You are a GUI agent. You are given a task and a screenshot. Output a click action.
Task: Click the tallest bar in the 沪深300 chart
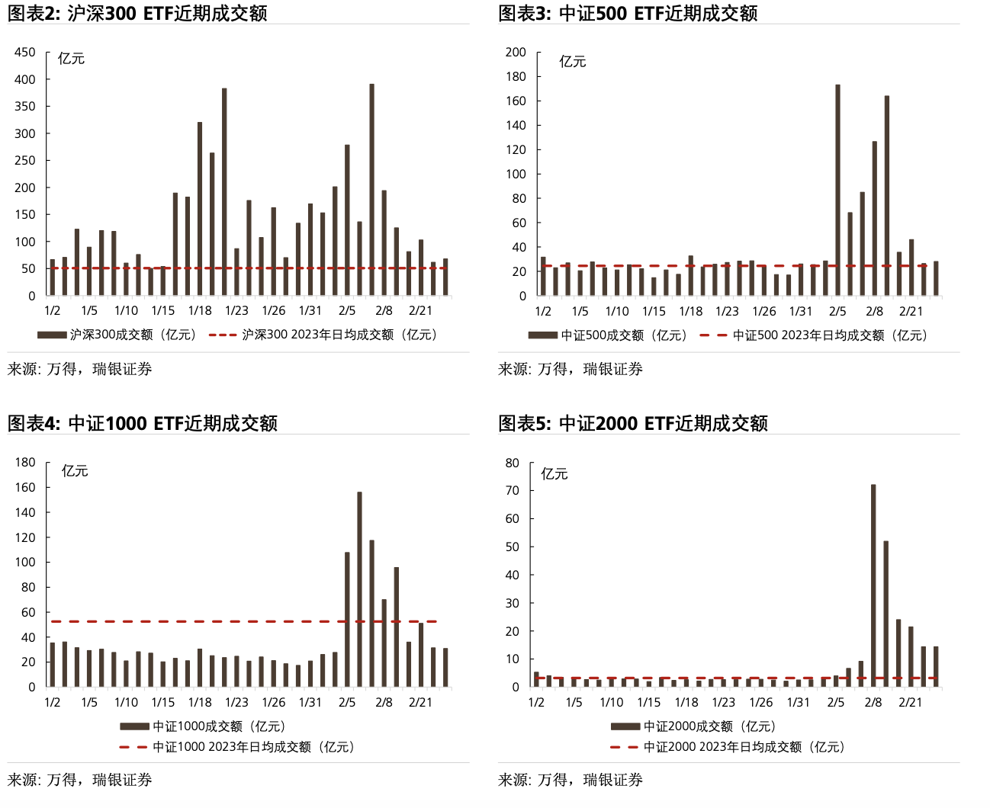click(371, 190)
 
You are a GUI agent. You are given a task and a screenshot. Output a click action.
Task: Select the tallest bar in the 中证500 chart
click(837, 190)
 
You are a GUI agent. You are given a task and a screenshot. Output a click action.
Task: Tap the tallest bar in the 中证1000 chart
click(359, 589)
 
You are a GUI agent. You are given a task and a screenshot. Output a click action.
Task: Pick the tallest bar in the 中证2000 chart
click(873, 585)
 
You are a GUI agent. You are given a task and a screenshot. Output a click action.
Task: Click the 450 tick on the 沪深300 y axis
click(25, 52)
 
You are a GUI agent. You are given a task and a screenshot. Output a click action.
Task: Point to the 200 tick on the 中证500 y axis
click(516, 52)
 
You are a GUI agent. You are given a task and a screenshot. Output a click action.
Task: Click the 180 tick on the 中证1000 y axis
click(25, 462)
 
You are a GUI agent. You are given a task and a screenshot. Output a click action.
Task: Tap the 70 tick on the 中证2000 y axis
click(512, 490)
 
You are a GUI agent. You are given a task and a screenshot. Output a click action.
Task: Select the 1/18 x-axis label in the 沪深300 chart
click(200, 310)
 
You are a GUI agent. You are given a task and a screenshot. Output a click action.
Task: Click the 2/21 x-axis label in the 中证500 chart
click(911, 311)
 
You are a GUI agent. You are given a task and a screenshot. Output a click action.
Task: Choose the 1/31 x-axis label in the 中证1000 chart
click(310, 702)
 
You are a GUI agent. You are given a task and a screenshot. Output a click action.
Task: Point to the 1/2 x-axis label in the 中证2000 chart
click(536, 702)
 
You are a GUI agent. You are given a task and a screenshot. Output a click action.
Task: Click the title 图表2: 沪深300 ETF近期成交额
click(137, 13)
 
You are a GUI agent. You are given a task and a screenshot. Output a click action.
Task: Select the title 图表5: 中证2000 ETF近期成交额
click(632, 423)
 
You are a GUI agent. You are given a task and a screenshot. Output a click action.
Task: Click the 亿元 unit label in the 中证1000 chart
click(75, 471)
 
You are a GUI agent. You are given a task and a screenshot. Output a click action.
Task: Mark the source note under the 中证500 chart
click(570, 369)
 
